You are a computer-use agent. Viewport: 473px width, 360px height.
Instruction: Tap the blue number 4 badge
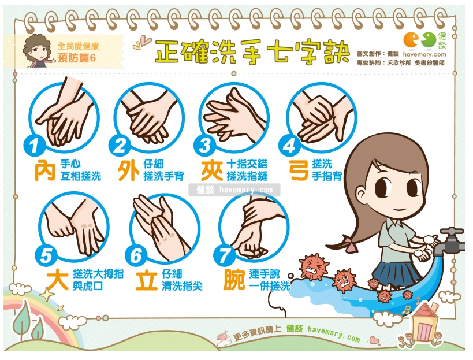tap(289, 145)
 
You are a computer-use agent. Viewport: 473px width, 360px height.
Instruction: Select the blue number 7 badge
tap(224, 256)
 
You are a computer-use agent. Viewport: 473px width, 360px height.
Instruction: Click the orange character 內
tap(45, 170)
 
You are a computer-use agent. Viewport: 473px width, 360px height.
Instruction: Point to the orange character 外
tap(128, 170)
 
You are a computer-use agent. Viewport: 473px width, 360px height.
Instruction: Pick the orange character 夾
tap(212, 170)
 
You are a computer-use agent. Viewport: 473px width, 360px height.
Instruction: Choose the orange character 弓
tap(299, 170)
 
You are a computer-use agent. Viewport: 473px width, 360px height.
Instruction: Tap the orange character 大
tap(57, 280)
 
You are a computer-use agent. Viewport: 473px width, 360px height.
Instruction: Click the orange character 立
tap(147, 281)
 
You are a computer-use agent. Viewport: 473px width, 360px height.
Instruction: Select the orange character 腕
tap(234, 280)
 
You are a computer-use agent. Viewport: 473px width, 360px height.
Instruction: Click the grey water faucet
tap(452, 240)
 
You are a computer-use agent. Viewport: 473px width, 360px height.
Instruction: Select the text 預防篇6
tap(77, 58)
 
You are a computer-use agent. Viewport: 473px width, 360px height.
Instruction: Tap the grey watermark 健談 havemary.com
tap(234, 190)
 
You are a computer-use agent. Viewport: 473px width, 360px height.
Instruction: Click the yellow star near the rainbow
tap(47, 295)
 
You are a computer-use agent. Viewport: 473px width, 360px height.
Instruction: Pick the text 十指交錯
tap(247, 164)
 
